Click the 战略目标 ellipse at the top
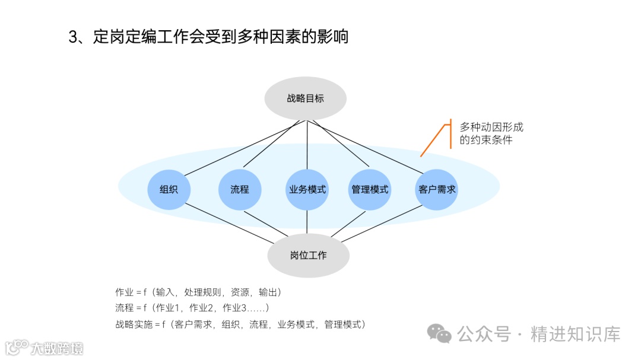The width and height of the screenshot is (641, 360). point(306,98)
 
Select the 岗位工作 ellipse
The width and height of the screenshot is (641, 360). point(308,256)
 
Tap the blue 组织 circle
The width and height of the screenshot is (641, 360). point(168,190)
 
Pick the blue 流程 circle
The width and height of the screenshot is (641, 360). point(239,190)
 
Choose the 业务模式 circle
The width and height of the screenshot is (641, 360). point(307,190)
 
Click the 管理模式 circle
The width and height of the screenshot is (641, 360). point(370,190)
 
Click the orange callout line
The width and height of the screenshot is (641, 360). point(433,139)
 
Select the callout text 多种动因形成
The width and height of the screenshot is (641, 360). point(491,127)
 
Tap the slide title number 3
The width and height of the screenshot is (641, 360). point(74,37)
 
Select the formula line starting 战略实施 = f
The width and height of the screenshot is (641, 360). point(240,324)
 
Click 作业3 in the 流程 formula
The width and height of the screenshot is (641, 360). point(234,308)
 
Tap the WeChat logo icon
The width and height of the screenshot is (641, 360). point(440,333)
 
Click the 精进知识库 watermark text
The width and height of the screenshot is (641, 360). point(575,334)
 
